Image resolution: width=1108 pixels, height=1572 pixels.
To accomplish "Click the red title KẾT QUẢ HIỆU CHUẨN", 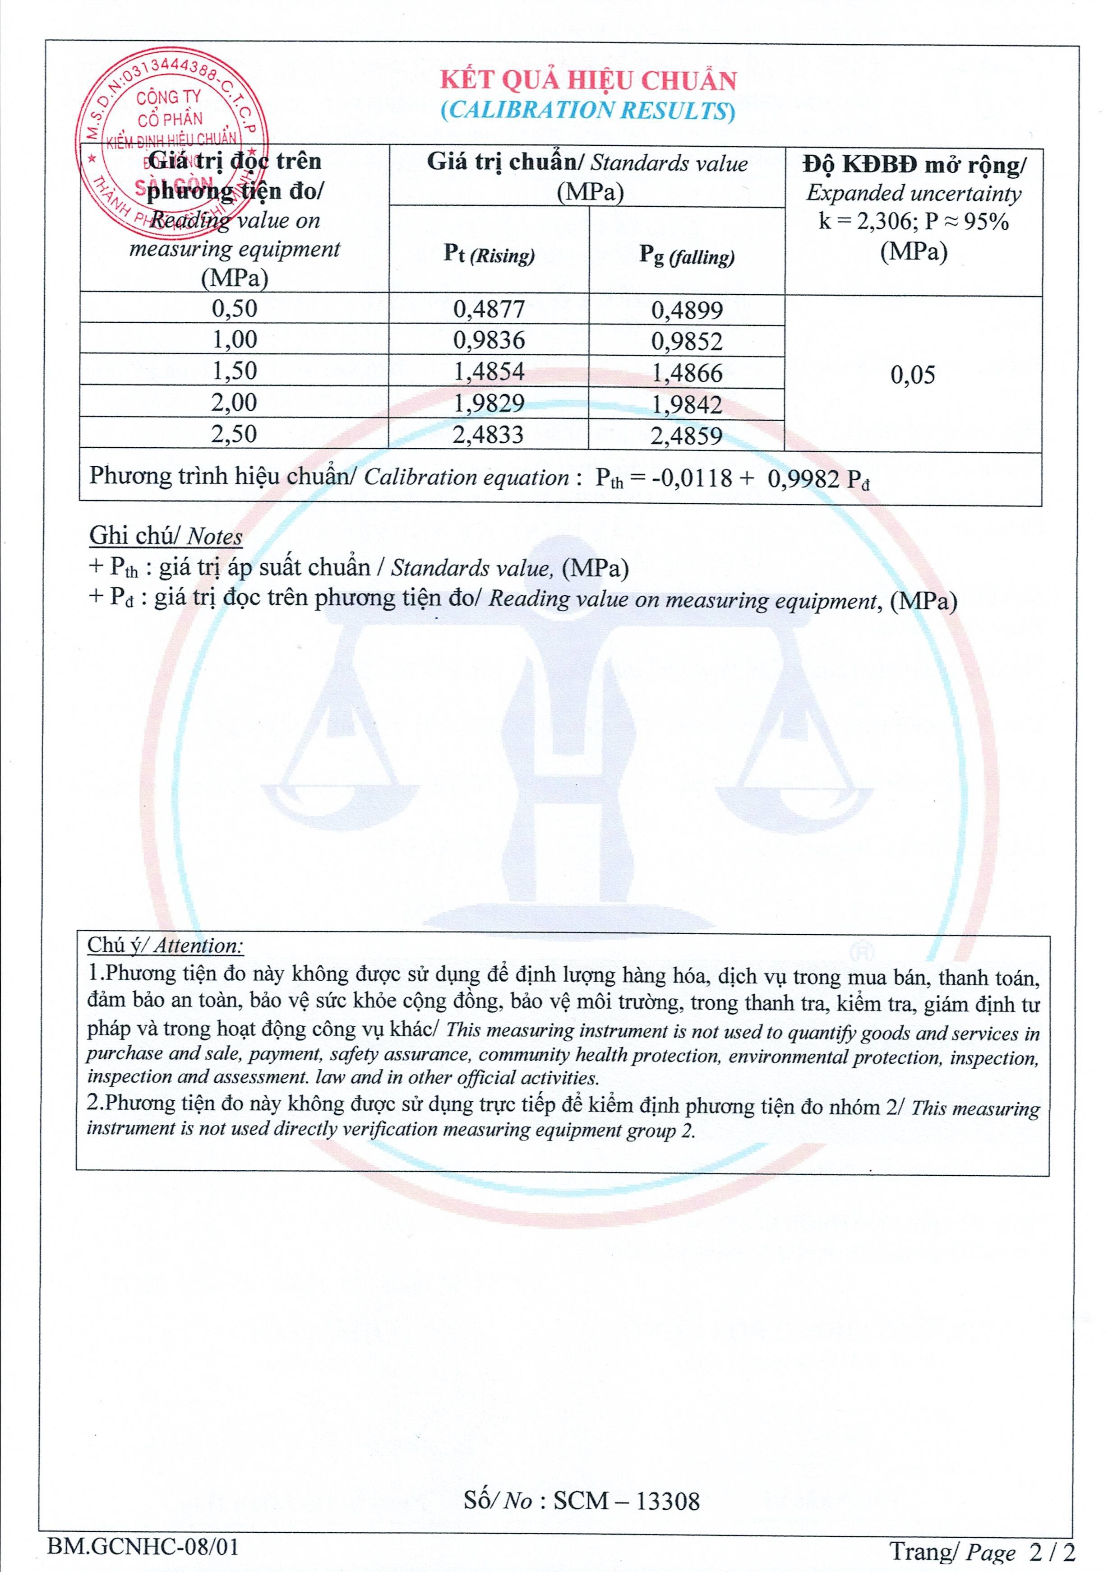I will click(588, 81).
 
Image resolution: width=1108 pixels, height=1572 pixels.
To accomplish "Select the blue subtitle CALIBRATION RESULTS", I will click(588, 110).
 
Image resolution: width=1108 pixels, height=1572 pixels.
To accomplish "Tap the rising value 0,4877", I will click(489, 310).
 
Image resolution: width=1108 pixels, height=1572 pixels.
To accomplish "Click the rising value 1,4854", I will click(489, 372).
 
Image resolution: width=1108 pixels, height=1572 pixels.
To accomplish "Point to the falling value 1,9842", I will click(687, 405).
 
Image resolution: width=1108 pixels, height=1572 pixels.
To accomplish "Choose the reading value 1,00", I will click(234, 339).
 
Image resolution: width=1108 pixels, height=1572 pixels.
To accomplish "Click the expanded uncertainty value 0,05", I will click(912, 375).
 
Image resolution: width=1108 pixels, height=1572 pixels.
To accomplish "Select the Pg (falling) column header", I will click(687, 256).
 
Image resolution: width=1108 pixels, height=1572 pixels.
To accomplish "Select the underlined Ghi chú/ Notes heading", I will click(166, 536).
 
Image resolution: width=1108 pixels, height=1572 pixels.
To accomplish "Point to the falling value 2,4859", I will click(687, 436).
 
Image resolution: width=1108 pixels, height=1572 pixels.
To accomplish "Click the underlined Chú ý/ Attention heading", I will click(165, 946).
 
